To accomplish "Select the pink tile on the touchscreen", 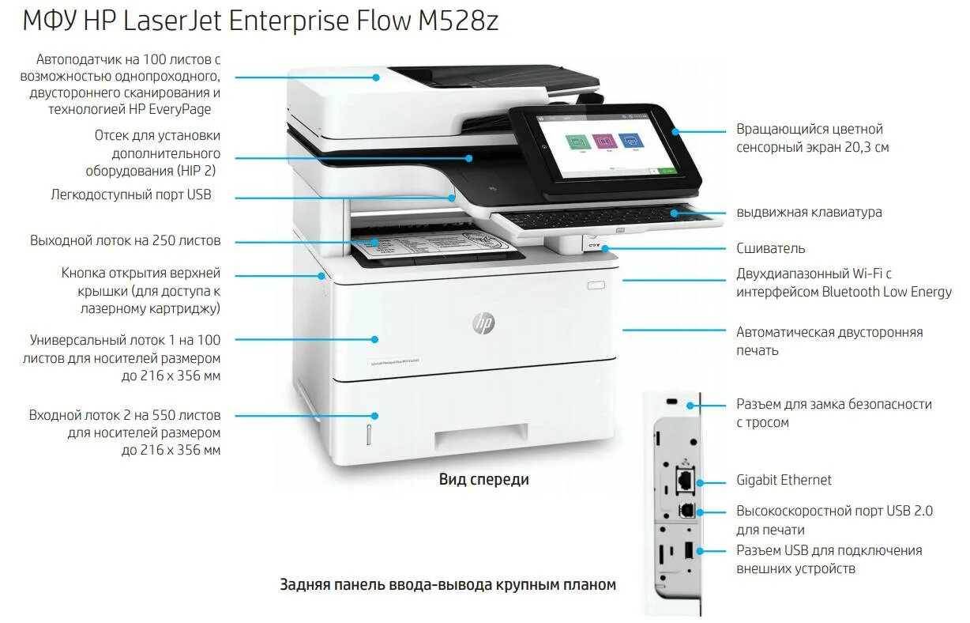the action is tap(605, 142).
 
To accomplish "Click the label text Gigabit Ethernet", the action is tap(784, 480).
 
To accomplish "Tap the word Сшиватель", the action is tap(770, 248).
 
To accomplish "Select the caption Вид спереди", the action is tap(483, 479).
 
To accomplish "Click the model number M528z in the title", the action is tap(457, 21).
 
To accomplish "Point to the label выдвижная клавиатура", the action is tap(809, 212).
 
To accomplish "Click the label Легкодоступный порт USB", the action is tap(131, 194).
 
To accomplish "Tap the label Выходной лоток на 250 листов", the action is tap(125, 240).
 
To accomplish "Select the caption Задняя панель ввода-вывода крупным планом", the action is tap(447, 585).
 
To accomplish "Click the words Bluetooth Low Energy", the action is tap(886, 292).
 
